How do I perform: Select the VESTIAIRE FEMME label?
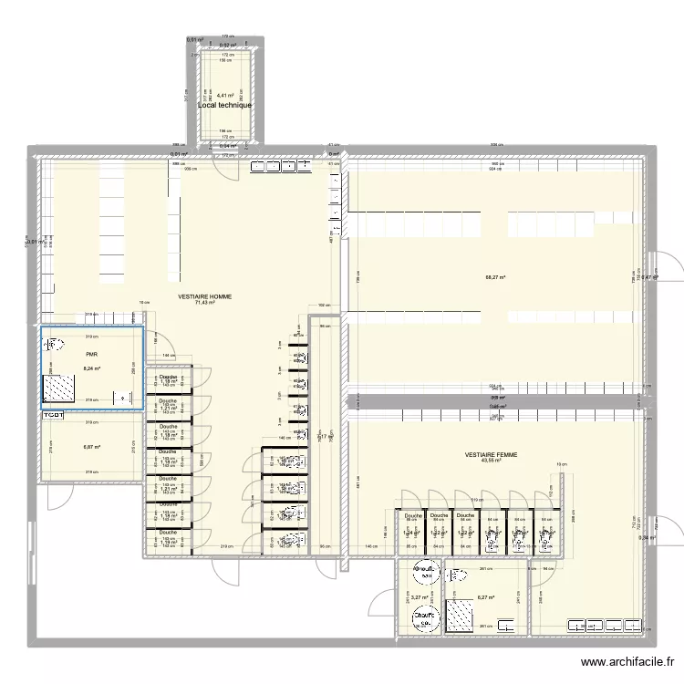[491, 453]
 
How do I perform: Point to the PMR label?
[91, 355]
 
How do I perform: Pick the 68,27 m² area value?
[495, 277]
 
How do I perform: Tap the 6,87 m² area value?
[91, 447]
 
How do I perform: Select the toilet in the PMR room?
[53, 346]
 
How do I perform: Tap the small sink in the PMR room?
[120, 398]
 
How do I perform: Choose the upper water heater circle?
[424, 572]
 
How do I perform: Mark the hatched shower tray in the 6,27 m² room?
[456, 618]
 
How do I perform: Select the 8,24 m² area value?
[91, 369]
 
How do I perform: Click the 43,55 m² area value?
[491, 461]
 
